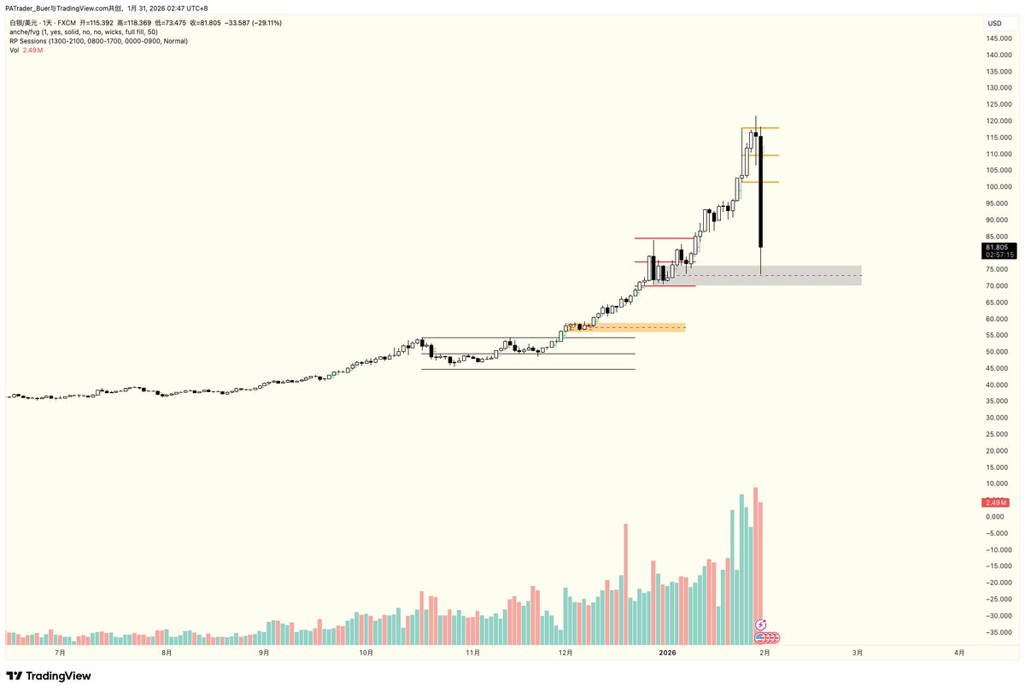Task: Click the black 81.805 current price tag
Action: click(x=999, y=246)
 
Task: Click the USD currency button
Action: click(x=995, y=23)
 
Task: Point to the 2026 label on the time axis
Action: click(x=668, y=653)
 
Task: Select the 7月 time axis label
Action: click(x=61, y=653)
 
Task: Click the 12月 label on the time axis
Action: click(x=565, y=653)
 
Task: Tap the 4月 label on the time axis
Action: click(x=959, y=653)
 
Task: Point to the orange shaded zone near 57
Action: click(x=632, y=327)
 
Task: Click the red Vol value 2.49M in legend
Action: click(x=33, y=50)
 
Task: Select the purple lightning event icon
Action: click(x=761, y=625)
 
